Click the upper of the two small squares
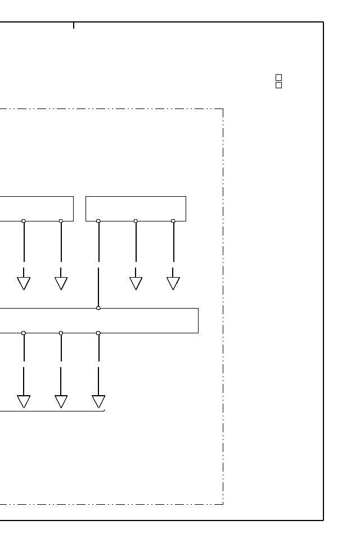[278, 78]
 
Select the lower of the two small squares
[278, 85]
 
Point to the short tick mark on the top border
[74, 25]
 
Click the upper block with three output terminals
[136, 209]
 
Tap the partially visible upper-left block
[37, 209]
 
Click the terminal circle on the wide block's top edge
[98, 308]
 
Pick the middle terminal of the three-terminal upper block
[136, 221]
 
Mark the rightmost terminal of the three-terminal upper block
[173, 221]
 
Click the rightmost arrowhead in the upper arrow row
[173, 283]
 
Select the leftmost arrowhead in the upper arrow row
[24, 283]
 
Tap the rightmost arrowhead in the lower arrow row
[98, 401]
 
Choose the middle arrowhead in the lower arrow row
[61, 401]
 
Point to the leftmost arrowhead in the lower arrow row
[24, 401]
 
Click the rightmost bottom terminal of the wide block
[98, 333]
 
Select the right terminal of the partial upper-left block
[61, 221]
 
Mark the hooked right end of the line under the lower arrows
[104, 411]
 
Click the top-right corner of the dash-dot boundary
[223, 109]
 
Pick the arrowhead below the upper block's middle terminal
[136, 283]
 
